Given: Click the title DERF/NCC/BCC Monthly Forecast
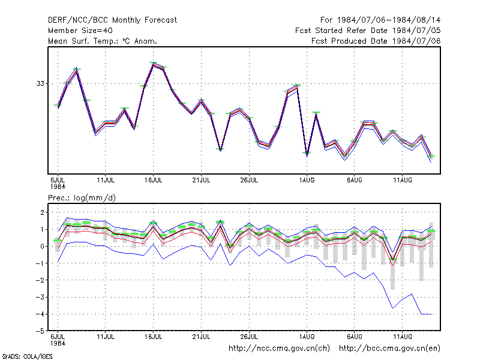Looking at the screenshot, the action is [112, 20].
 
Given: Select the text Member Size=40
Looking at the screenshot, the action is [80, 31].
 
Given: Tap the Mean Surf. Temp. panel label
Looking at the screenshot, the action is [102, 41].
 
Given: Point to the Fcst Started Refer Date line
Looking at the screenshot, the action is [368, 31].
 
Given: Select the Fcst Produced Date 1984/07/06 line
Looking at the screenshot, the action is [376, 41].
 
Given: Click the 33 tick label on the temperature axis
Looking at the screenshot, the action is [40, 83].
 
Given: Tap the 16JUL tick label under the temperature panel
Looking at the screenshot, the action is [154, 180].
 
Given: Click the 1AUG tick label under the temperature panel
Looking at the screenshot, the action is [307, 180].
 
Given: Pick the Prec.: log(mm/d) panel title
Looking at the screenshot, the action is [82, 198].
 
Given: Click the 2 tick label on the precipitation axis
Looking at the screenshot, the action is [42, 212].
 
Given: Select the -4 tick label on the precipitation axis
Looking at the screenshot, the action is [40, 314].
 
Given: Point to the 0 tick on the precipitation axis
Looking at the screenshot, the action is [42, 246].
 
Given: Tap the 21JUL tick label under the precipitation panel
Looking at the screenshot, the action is [201, 337].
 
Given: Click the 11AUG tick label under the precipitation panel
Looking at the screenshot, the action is [402, 337].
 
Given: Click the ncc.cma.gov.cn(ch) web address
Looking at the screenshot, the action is [279, 349].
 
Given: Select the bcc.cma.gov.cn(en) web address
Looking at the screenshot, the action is [389, 349].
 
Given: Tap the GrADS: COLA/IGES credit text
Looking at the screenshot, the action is [27, 356].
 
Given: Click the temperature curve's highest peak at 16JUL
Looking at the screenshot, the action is [154, 63].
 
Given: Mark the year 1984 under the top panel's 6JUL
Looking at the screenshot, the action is [58, 187].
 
